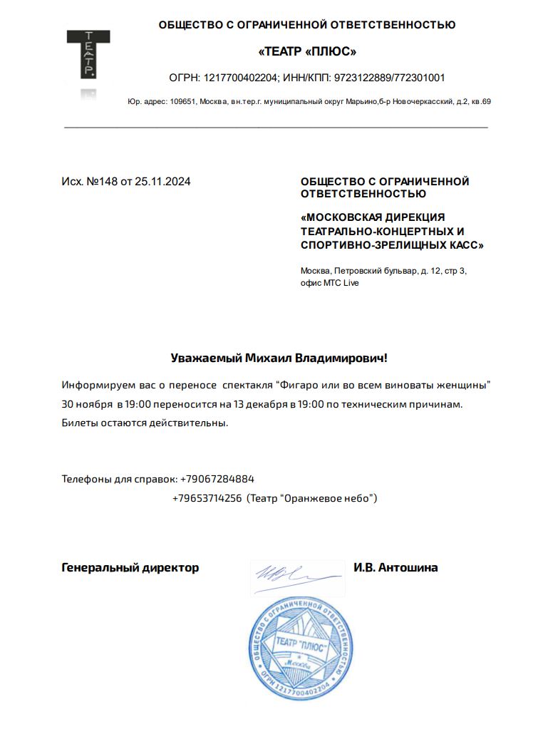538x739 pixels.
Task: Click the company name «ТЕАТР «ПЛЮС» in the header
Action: tap(306, 51)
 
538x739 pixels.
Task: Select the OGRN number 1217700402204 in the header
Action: tap(241, 78)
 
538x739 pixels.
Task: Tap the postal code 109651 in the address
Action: tap(182, 102)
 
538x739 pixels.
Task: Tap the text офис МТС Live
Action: tap(330, 283)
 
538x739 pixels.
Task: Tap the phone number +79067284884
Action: tap(217, 479)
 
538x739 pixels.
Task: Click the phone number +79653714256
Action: tap(207, 498)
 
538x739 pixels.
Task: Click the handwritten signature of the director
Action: tap(288, 572)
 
